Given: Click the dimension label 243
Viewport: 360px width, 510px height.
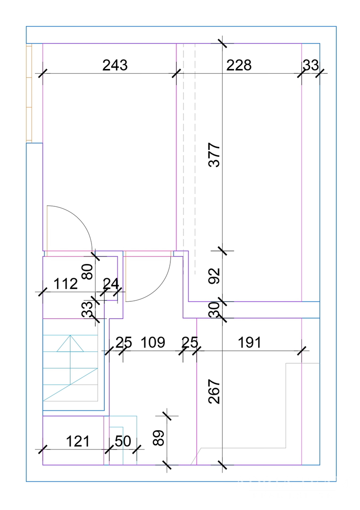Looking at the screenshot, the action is pyautogui.click(x=115, y=65).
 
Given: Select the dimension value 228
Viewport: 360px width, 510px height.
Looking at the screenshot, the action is pyautogui.click(x=239, y=65).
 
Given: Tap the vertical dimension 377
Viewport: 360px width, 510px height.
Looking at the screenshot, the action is pyautogui.click(x=214, y=155).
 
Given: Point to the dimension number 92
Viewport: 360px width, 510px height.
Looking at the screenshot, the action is pyautogui.click(x=214, y=276).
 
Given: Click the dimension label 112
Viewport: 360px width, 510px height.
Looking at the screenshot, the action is pyautogui.click(x=66, y=284).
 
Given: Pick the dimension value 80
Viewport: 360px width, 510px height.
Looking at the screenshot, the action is pyautogui.click(x=88, y=272).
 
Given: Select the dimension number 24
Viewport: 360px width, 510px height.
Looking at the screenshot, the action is pyautogui.click(x=111, y=284).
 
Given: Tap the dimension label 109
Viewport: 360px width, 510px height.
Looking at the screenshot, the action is pyautogui.click(x=153, y=342).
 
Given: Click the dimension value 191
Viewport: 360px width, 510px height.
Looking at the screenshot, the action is pyautogui.click(x=250, y=342).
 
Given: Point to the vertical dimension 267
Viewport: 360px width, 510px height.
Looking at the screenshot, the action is pyautogui.click(x=214, y=391).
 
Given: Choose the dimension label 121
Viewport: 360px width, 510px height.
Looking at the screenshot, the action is pyautogui.click(x=78, y=442).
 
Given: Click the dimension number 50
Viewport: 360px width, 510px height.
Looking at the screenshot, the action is pyautogui.click(x=123, y=442).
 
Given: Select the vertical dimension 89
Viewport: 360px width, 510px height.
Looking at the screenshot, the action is pyautogui.click(x=159, y=438).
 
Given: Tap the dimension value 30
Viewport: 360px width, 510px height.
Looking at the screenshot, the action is pyautogui.click(x=214, y=310).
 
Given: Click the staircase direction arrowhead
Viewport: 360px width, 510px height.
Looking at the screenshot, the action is pyautogui.click(x=70, y=343).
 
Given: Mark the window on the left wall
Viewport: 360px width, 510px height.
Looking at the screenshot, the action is pyautogui.click(x=29, y=93).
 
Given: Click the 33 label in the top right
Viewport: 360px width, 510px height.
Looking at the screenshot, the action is pyautogui.click(x=311, y=65).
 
